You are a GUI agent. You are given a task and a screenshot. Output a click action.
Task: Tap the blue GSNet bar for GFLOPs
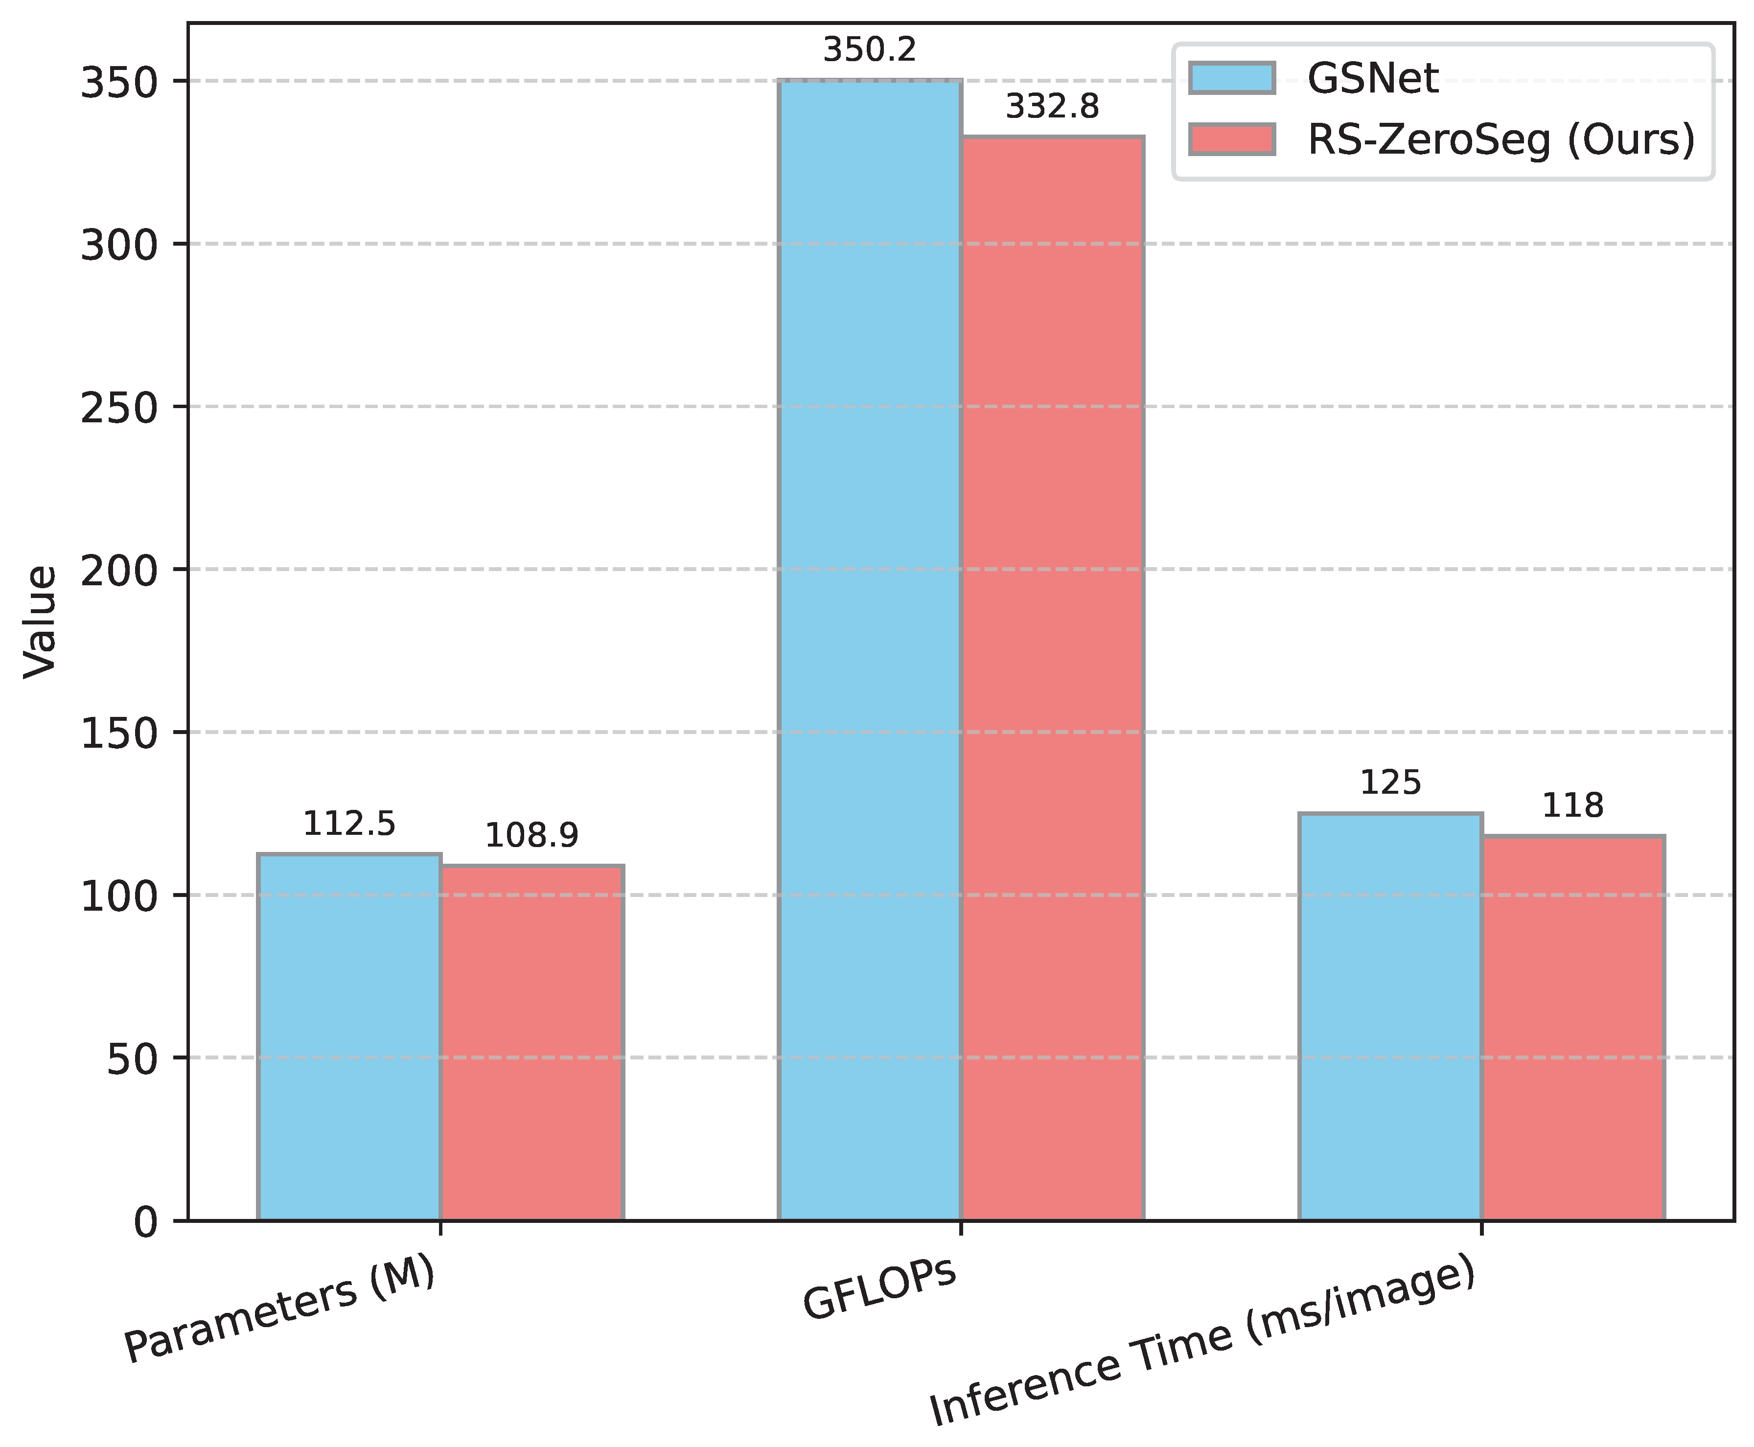click(870, 650)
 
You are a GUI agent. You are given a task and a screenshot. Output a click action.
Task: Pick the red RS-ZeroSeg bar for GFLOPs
click(1052, 679)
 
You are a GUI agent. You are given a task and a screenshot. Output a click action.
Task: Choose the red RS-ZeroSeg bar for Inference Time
click(1572, 1028)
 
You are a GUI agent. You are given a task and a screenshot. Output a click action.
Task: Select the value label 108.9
click(532, 836)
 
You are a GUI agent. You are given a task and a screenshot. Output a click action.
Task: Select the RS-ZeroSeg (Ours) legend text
click(1500, 139)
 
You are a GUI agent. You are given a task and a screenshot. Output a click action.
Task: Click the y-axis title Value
click(40, 622)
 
